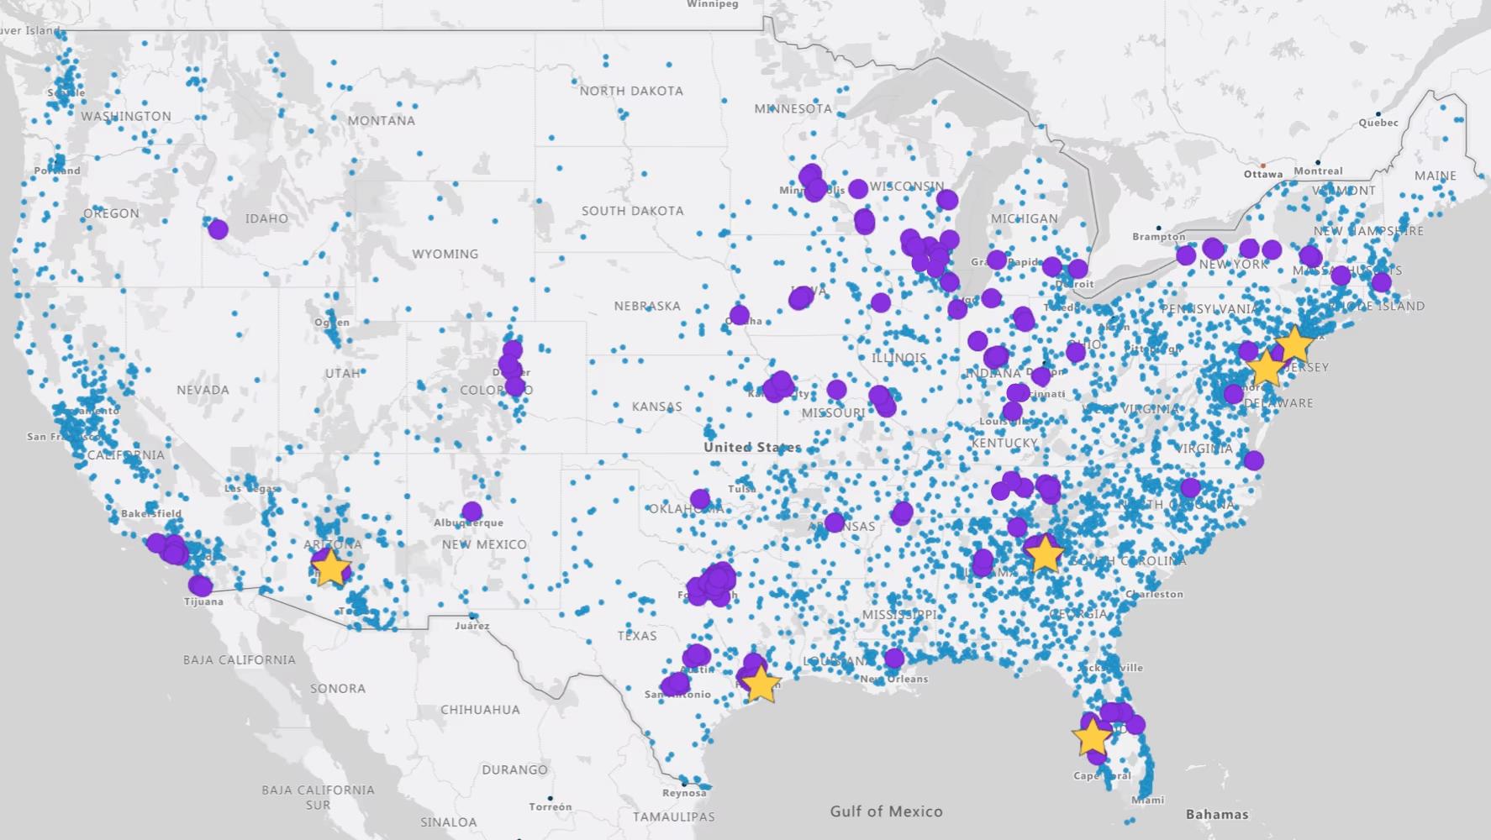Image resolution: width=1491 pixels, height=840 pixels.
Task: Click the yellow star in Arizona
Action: (x=330, y=568)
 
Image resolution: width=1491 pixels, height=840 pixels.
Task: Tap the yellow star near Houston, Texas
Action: (x=761, y=684)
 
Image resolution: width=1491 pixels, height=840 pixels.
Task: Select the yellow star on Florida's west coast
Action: (x=1092, y=737)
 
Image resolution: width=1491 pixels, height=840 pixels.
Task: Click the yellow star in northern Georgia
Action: (x=1044, y=553)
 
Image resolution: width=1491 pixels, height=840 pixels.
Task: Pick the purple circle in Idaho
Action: (x=218, y=228)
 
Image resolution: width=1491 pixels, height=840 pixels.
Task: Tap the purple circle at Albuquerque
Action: (x=472, y=512)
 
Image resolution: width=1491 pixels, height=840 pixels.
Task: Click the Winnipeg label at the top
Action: (x=712, y=4)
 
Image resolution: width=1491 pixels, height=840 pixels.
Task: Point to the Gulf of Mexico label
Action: (x=886, y=811)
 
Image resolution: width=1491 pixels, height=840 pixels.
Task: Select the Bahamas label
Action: (x=1216, y=814)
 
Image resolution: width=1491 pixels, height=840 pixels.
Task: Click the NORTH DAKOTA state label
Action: (x=631, y=91)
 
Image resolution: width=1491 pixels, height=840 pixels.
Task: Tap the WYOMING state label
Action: (x=445, y=254)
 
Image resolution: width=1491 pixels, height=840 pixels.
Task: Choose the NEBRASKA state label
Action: (x=646, y=306)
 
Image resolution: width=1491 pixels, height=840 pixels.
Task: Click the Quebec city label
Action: (x=1378, y=123)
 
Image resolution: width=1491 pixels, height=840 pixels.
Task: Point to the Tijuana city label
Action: (x=203, y=601)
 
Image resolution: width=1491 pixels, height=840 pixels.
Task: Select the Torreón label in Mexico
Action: (x=551, y=807)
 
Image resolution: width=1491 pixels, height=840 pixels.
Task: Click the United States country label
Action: (x=752, y=447)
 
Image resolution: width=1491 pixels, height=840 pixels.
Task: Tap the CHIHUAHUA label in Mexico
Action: (x=480, y=710)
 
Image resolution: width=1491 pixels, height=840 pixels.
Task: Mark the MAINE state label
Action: (x=1436, y=176)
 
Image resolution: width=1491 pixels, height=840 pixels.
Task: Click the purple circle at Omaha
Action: (x=739, y=316)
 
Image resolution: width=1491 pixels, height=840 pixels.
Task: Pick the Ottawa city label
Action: (x=1263, y=174)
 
